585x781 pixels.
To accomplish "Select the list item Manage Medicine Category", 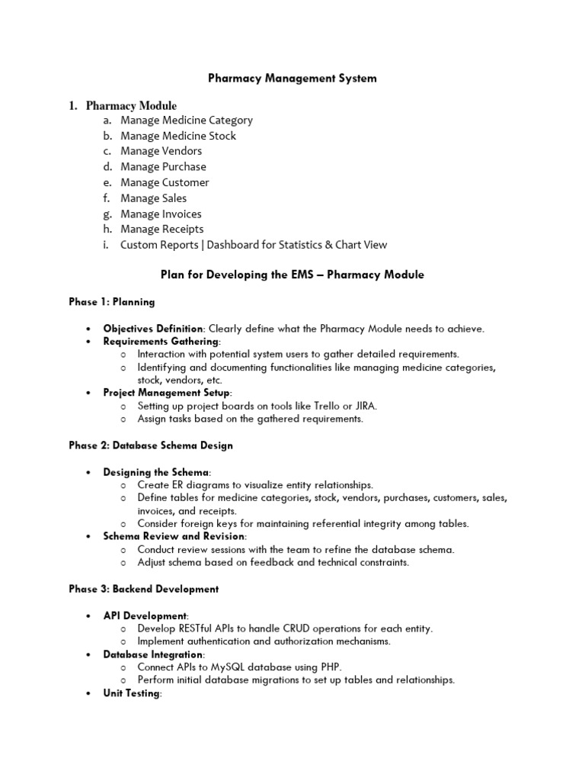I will [186, 120].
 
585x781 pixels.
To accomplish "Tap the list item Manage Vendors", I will [161, 151].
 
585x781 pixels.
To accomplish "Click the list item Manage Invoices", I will [161, 214].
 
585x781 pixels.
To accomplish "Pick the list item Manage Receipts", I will [161, 229].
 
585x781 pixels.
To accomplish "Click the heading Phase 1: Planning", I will [112, 302].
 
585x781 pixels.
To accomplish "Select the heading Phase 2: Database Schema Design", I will [151, 445].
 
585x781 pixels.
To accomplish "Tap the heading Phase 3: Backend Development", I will [144, 589].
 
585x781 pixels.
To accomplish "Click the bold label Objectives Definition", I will [153, 328].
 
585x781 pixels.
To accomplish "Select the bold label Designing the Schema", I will [155, 472].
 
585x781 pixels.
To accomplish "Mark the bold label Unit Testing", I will [132, 693].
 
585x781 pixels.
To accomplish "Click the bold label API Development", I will [145, 615].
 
